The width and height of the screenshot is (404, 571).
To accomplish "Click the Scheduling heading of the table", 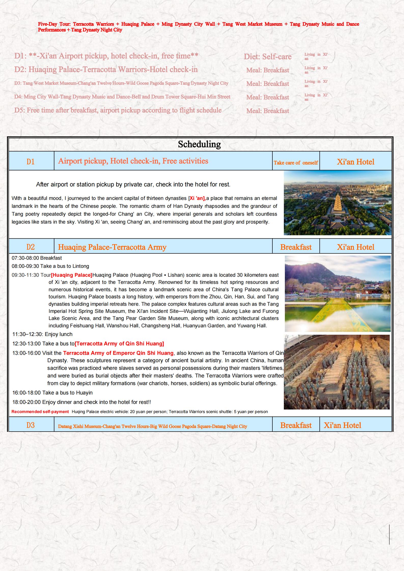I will tap(199, 144).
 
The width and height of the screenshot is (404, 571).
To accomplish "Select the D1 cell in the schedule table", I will tap(31, 162).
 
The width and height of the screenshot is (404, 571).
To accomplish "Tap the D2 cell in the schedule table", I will tap(31, 247).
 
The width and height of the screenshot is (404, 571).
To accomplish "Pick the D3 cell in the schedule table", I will tap(31, 425).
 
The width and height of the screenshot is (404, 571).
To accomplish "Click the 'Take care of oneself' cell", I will tap(296, 163).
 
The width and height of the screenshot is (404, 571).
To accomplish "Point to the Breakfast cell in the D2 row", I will tap(296, 247).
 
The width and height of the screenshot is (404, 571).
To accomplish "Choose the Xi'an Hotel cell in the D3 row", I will tap(342, 425).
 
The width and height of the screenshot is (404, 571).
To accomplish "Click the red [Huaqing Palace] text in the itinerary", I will tap(72, 275).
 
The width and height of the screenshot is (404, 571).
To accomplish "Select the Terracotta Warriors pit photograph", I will tap(337, 372).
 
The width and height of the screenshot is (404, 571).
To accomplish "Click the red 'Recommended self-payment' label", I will tap(40, 412).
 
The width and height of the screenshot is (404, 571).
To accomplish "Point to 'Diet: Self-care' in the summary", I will tap(268, 56).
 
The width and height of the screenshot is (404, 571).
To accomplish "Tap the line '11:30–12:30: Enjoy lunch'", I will tap(43, 334).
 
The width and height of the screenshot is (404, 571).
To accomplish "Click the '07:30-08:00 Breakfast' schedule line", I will tap(37, 258).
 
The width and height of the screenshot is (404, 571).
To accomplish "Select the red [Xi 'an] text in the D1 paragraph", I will tap(198, 198).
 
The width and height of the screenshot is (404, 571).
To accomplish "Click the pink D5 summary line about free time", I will tap(118, 110).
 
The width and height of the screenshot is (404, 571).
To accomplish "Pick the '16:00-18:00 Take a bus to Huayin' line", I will tap(52, 392).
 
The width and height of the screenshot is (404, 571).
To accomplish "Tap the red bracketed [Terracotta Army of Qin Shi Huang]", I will tap(119, 344).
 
